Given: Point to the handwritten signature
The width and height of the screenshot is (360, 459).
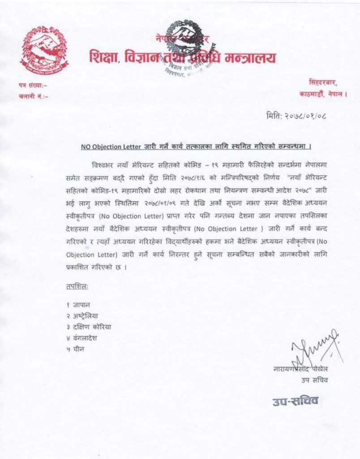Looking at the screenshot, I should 313,350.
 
